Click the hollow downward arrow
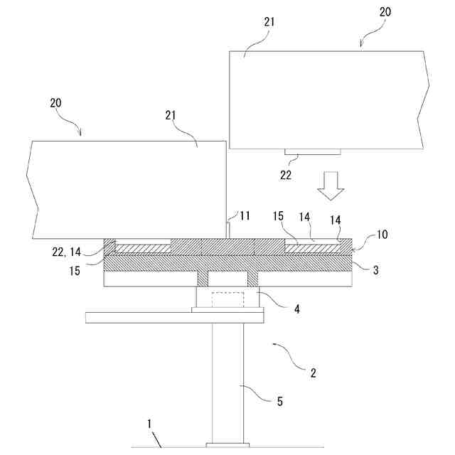click(330, 186)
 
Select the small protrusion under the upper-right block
click(313, 152)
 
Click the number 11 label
click(245, 215)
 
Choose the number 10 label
click(381, 235)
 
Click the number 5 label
click(279, 402)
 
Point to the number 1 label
click(150, 424)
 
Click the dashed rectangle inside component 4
click(227, 300)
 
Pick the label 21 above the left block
click(171, 115)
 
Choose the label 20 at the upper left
click(55, 102)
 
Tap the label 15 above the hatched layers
click(279, 215)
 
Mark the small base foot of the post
click(227, 444)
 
